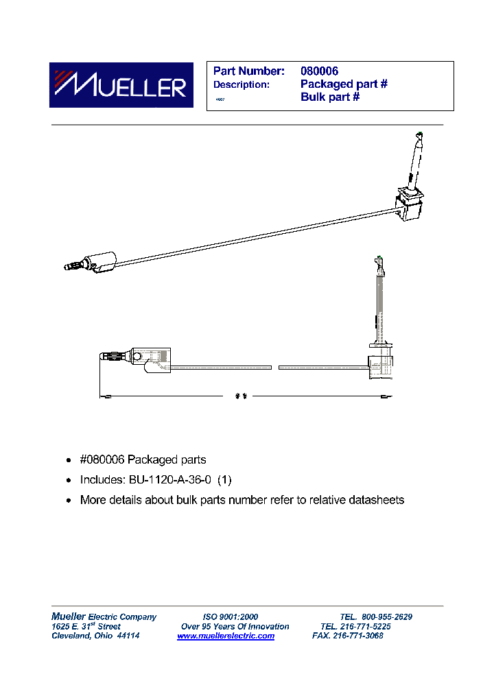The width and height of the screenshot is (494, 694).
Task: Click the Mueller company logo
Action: [117, 86]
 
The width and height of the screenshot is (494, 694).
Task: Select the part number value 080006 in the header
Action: [319, 71]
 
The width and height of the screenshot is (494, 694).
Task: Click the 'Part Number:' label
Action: [248, 71]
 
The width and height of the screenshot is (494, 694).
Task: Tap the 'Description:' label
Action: [242, 84]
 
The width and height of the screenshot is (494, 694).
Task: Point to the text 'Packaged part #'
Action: [344, 84]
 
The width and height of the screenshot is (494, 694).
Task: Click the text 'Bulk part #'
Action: [330, 97]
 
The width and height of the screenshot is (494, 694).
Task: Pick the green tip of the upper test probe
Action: [420, 134]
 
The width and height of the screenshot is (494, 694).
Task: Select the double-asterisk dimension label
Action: [240, 396]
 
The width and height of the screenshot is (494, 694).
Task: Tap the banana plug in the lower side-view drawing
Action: [115, 357]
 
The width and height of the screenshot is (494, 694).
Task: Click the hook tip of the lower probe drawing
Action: [378, 261]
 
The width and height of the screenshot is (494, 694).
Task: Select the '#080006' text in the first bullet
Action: [102, 459]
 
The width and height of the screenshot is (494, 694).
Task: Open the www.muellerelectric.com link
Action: [226, 636]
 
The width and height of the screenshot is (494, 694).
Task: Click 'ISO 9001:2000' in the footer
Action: [231, 617]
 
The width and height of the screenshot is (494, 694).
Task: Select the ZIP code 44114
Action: [128, 636]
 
